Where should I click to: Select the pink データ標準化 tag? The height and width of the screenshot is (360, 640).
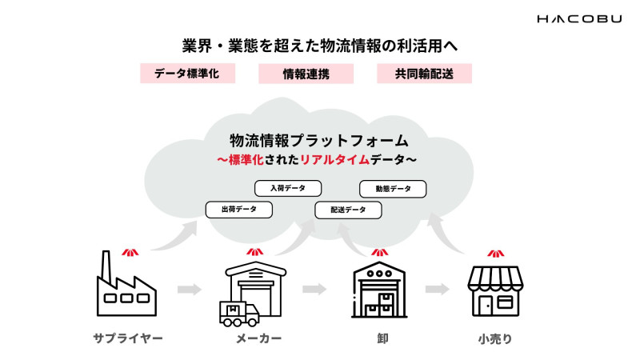tap(186, 74)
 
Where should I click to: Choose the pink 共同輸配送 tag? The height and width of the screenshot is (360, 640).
tap(424, 74)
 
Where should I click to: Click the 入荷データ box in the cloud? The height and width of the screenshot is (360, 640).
tap(287, 188)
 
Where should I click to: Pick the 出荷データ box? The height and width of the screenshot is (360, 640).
tap(239, 210)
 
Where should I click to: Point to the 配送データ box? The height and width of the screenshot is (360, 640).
tap(348, 210)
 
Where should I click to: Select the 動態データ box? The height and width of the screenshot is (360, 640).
tap(393, 189)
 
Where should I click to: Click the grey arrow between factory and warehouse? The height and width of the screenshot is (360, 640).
tap(189, 289)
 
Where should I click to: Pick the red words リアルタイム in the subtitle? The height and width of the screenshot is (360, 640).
tap(335, 159)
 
